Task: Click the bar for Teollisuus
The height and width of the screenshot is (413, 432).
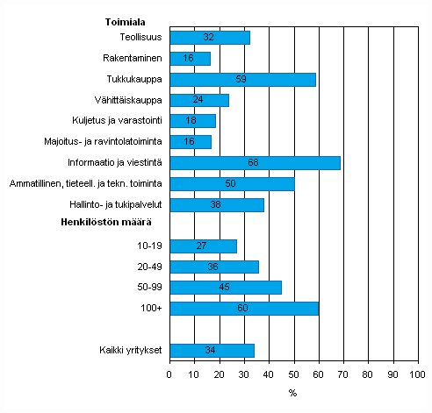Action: tap(209, 38)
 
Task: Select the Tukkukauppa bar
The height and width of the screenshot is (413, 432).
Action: tap(241, 79)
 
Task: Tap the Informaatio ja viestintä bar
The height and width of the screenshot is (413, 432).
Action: tap(255, 163)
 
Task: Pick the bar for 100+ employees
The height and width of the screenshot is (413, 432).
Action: tap(243, 309)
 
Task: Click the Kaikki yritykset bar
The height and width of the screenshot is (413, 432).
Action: tap(212, 351)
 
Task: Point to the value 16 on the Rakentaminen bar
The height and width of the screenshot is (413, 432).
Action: tap(188, 59)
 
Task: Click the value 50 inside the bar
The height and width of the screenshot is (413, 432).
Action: tap(231, 184)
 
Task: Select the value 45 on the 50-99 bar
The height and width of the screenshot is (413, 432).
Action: tap(225, 288)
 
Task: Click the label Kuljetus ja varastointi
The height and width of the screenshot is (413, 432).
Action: tap(116, 121)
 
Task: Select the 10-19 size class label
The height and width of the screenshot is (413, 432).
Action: tap(148, 246)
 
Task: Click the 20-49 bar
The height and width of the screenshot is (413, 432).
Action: tap(213, 267)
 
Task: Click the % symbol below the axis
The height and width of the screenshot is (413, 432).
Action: tap(292, 392)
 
